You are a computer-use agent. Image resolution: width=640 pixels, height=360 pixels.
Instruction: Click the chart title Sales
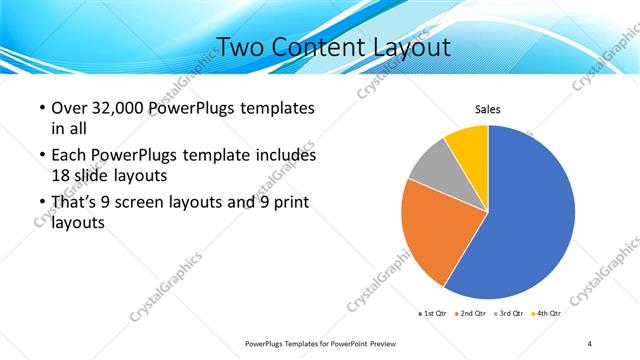point(487,110)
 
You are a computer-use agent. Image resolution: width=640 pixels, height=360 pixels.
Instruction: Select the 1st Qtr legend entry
point(432,313)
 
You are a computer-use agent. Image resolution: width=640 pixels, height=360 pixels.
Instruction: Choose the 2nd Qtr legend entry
point(473,313)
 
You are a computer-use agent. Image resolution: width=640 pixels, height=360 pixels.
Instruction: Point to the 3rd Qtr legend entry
point(510,313)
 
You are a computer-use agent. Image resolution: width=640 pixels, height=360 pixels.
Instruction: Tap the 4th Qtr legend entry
point(547,313)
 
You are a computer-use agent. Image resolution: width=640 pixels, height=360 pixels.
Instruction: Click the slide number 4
point(590,343)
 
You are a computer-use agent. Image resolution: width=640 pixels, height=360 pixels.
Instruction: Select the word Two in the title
point(239,47)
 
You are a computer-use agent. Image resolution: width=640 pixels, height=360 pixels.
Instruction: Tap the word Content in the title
point(312,47)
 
